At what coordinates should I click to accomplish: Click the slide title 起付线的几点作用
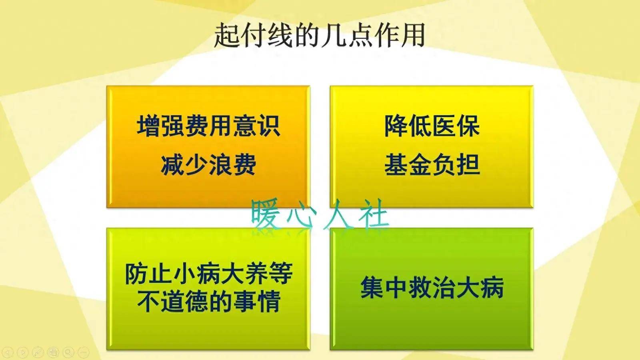320,36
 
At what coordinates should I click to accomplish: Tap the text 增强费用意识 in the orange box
208,126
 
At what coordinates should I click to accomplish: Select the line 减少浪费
208,165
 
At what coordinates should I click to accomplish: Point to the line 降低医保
432,126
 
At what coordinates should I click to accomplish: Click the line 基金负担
432,165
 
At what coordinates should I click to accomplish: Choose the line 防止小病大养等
209,274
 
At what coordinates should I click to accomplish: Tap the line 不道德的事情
209,302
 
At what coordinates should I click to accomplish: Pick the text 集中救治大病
432,288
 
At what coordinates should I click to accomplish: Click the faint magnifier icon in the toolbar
68,352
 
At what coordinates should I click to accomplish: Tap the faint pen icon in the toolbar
38,352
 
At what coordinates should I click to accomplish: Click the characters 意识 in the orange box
256,126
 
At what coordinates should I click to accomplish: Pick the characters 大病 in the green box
480,288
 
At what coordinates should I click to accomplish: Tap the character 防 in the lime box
136,274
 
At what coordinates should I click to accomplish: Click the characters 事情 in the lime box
257,302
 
